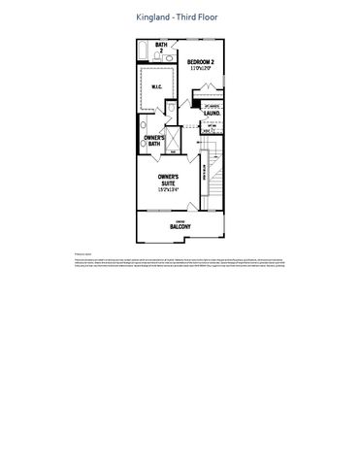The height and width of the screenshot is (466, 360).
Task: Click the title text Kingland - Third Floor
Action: [180, 17]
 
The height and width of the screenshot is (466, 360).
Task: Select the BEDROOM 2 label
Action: [201, 62]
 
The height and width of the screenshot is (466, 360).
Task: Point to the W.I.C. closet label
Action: [156, 85]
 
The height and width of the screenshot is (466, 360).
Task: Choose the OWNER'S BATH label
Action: [154, 141]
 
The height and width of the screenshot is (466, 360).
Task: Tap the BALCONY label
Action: [180, 227]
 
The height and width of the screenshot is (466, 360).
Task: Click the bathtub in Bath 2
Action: [142, 50]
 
